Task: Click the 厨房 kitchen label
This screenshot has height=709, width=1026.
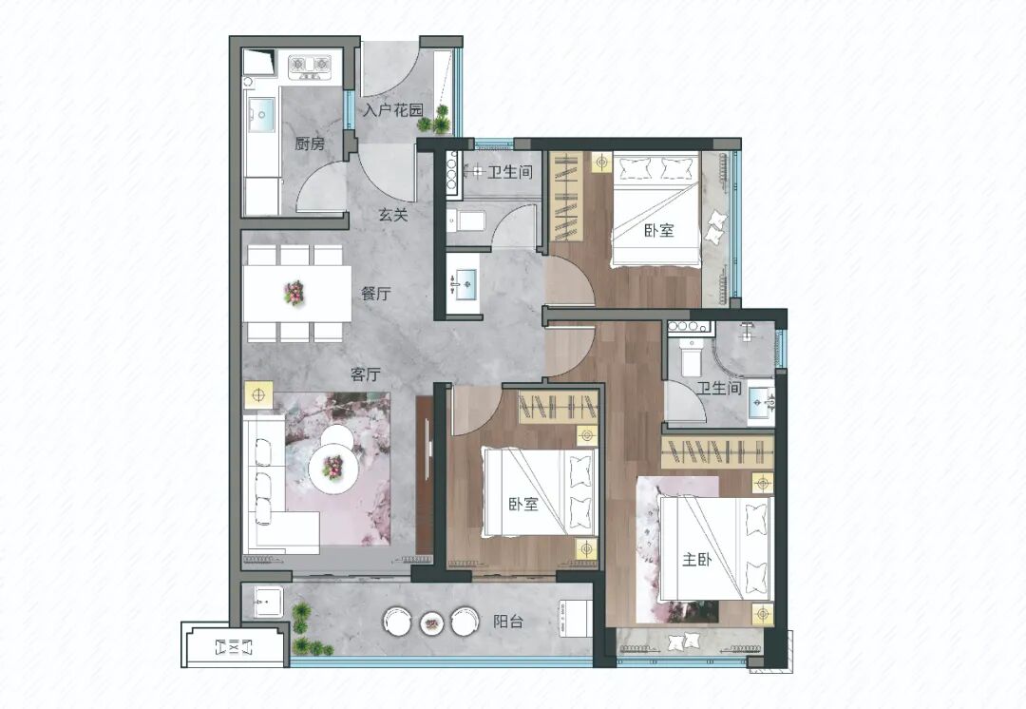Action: pyautogui.click(x=310, y=144)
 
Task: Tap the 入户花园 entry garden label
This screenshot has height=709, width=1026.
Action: pyautogui.click(x=393, y=110)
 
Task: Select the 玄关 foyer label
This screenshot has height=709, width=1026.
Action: pyautogui.click(x=393, y=214)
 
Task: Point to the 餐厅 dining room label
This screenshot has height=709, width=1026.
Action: pyautogui.click(x=375, y=294)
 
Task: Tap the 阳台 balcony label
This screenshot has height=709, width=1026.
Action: pyautogui.click(x=508, y=622)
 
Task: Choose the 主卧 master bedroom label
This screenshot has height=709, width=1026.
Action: pyautogui.click(x=697, y=560)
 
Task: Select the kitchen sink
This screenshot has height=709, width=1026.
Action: pyautogui.click(x=262, y=116)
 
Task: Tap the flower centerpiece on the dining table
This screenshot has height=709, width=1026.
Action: pyautogui.click(x=294, y=293)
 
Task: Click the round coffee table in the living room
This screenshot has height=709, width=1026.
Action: pyautogui.click(x=333, y=465)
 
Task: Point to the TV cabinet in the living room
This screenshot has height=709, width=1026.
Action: pyautogui.click(x=425, y=474)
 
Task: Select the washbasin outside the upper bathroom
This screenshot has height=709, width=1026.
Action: pyautogui.click(x=464, y=283)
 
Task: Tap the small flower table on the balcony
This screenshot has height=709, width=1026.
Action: pyautogui.click(x=431, y=622)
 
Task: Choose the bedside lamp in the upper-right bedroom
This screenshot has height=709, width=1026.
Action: pyautogui.click(x=601, y=163)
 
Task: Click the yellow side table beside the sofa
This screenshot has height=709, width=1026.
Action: pyautogui.click(x=258, y=395)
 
